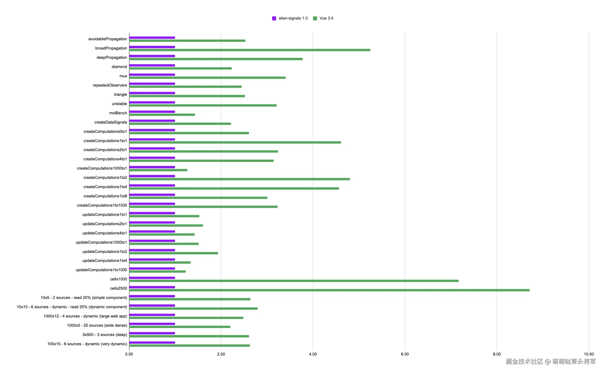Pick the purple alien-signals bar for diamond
click(x=152, y=65)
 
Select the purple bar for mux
click(x=152, y=74)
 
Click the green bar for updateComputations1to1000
click(x=157, y=271)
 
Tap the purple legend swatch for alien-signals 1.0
click(x=274, y=18)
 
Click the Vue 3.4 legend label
click(x=326, y=18)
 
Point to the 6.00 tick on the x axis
click(x=405, y=354)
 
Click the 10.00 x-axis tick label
click(x=588, y=354)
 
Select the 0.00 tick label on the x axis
click(x=129, y=354)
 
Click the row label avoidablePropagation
click(x=107, y=39)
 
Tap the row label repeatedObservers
click(x=110, y=85)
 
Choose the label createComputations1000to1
click(x=102, y=168)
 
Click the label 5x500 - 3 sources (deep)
click(x=105, y=334)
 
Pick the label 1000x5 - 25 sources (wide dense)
click(x=97, y=325)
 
